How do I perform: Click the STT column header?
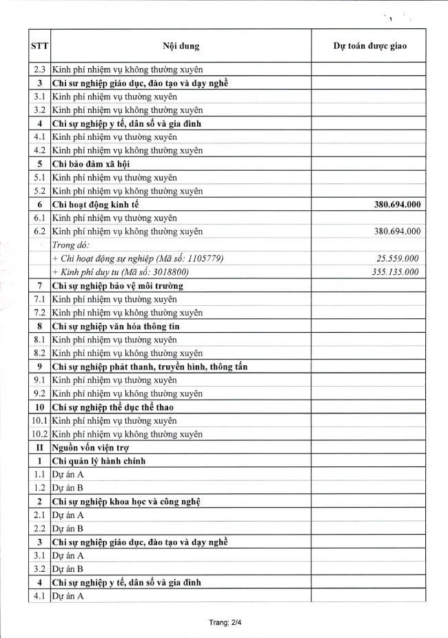[39, 46]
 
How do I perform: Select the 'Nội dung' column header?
[181, 46]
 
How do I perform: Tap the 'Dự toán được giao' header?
[369, 46]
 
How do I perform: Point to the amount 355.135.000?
[395, 272]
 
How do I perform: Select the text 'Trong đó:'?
[71, 245]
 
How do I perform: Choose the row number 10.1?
[39, 420]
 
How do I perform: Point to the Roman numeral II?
[39, 447]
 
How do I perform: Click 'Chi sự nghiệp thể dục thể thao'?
[114, 407]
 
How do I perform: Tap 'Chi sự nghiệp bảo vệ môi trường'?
[120, 285]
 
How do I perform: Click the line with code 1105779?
[138, 258]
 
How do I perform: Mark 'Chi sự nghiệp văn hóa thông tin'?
[116, 326]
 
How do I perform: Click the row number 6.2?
[39, 231]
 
